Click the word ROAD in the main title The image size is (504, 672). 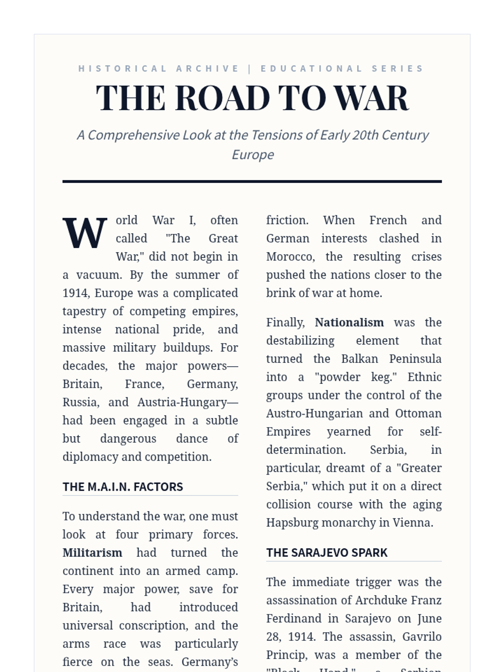pos(222,98)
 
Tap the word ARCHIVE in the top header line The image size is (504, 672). pos(207,68)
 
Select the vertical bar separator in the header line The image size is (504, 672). pos(250,68)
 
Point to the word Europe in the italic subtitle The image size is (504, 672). pos(252,155)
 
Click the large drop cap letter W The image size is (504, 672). pos(85,233)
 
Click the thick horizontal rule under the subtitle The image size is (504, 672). pos(252,181)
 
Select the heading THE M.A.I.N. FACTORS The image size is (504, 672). pos(123,487)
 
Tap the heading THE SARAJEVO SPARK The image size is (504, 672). pos(327,553)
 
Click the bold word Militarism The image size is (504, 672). pos(92,553)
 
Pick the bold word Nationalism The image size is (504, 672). pos(349,323)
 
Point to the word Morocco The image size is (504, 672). pos(290,257)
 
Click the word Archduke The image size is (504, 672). pos(381,600)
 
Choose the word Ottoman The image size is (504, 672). pos(418,414)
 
